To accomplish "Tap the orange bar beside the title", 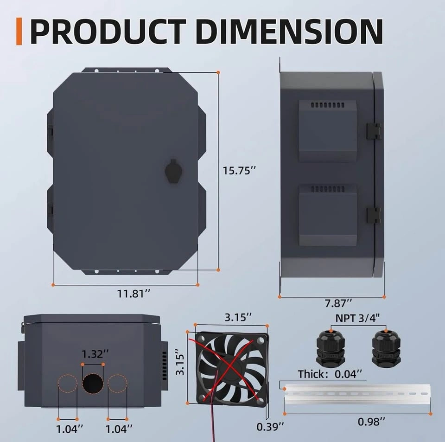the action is point(19,31).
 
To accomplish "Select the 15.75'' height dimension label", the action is point(239,171).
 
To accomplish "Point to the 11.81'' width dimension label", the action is point(133,294).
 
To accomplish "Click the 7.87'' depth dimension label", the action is point(338,303).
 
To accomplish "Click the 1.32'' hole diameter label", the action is point(95,354).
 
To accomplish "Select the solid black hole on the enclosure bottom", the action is point(93,384).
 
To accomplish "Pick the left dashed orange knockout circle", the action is point(68,384).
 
